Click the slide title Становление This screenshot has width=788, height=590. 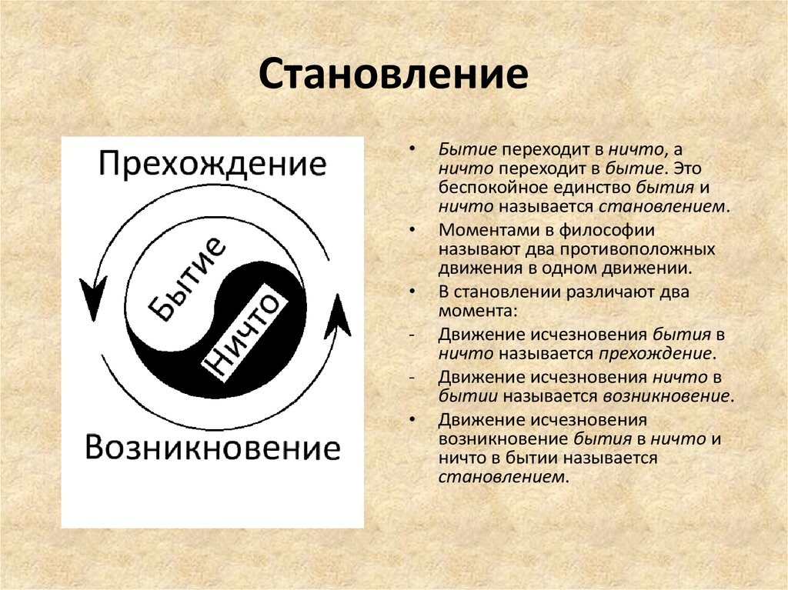coord(393,75)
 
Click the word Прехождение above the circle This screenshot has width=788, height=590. coord(212,164)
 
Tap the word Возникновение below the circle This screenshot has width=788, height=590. coord(212,447)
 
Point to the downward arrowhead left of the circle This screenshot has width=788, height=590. coord(93,298)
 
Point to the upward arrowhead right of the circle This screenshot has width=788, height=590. coord(338,317)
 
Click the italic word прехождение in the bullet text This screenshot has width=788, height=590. coord(655,354)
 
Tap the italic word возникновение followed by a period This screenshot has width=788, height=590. coord(666,396)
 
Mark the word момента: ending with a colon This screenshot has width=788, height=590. coord(477,311)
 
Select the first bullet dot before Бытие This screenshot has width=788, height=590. coord(412,148)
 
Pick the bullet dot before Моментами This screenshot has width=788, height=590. coord(412,230)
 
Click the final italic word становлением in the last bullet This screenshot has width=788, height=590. coord(501,476)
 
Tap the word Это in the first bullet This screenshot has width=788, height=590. coord(689,168)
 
